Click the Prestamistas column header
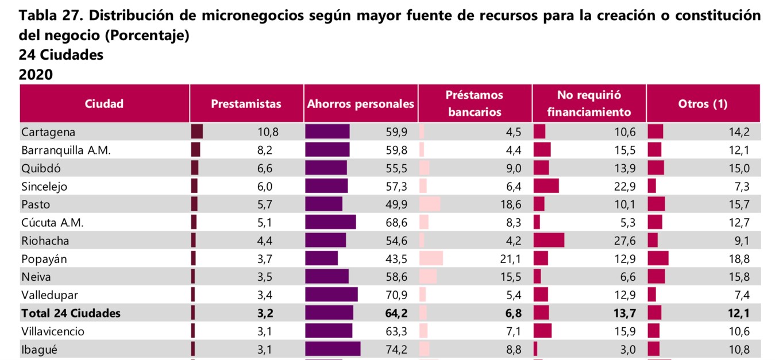246,104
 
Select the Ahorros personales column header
360,104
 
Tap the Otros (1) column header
703,104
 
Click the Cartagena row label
48,132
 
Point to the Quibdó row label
41,168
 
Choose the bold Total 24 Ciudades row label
71,313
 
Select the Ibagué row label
40,350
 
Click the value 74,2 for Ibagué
397,350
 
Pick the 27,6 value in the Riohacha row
625,241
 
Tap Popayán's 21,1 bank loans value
511,259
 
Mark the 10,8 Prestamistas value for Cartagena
268,132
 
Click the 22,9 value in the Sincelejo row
625,187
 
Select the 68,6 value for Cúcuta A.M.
397,223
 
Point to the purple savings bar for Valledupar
331,295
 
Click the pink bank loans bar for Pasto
430,204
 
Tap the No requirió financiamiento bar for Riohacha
549,241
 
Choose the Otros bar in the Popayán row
658,259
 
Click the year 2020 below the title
36,75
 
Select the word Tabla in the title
38,16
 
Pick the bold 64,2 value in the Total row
396,313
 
